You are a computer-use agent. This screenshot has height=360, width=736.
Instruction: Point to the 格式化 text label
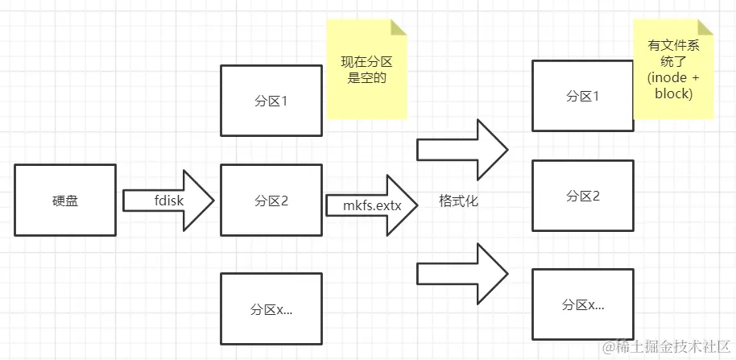459,201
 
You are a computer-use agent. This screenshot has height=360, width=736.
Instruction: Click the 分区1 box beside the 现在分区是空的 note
270,101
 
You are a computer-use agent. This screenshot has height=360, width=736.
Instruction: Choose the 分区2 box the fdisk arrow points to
270,200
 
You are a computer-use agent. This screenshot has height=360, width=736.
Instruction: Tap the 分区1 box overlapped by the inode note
581,96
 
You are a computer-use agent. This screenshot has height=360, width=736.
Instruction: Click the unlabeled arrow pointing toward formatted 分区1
461,149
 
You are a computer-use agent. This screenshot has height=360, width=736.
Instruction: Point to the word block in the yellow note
674,93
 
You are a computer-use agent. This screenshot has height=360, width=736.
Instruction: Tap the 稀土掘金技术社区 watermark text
672,346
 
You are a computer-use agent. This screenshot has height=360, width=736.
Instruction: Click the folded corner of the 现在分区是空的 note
399,28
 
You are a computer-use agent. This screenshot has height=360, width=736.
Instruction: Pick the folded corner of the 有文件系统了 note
706,28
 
